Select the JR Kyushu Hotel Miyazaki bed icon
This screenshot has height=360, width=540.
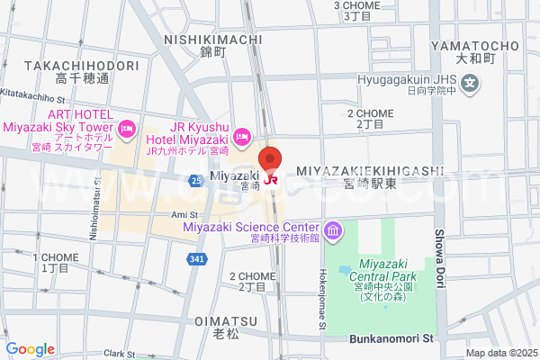pos(241,137)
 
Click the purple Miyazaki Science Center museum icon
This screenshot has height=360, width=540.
pos(333,232)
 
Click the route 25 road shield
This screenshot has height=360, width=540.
pos(195,181)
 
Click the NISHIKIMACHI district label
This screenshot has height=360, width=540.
pos(214,40)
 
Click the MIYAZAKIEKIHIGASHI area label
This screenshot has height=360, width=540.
pos(382,170)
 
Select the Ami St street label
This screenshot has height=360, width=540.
pos(184,215)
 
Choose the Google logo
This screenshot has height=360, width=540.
pos(30,349)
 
